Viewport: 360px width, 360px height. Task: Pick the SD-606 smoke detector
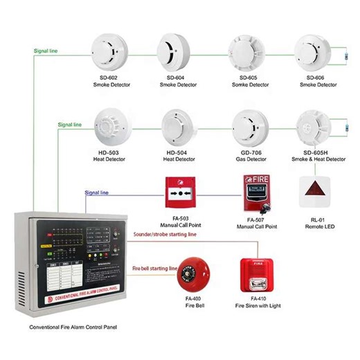coord(316,51)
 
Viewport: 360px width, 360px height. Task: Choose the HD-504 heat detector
coord(179,126)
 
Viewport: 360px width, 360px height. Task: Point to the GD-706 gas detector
coord(248,126)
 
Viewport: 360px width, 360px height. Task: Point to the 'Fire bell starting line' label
coord(155,267)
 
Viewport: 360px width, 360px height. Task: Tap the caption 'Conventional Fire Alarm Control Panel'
coord(68,326)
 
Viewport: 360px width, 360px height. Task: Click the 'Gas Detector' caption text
coord(247,159)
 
